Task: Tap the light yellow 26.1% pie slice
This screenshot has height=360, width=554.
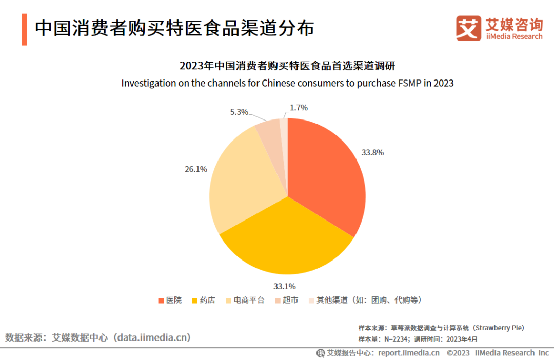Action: click(x=241, y=185)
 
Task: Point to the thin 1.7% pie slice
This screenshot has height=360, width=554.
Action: click(x=284, y=128)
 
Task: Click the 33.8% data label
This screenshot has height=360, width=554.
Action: click(x=372, y=152)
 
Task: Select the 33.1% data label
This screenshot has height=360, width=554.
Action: click(x=284, y=286)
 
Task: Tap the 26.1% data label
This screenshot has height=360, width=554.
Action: click(x=195, y=169)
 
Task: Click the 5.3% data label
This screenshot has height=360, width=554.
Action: click(x=239, y=111)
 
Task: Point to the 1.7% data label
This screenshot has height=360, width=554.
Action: click(x=299, y=108)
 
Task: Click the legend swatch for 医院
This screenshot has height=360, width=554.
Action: click(x=161, y=300)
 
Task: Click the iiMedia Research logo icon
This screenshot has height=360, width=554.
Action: click(x=468, y=28)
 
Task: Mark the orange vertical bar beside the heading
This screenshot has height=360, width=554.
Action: click(x=24, y=29)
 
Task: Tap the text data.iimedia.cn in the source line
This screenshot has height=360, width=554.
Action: click(x=152, y=337)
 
